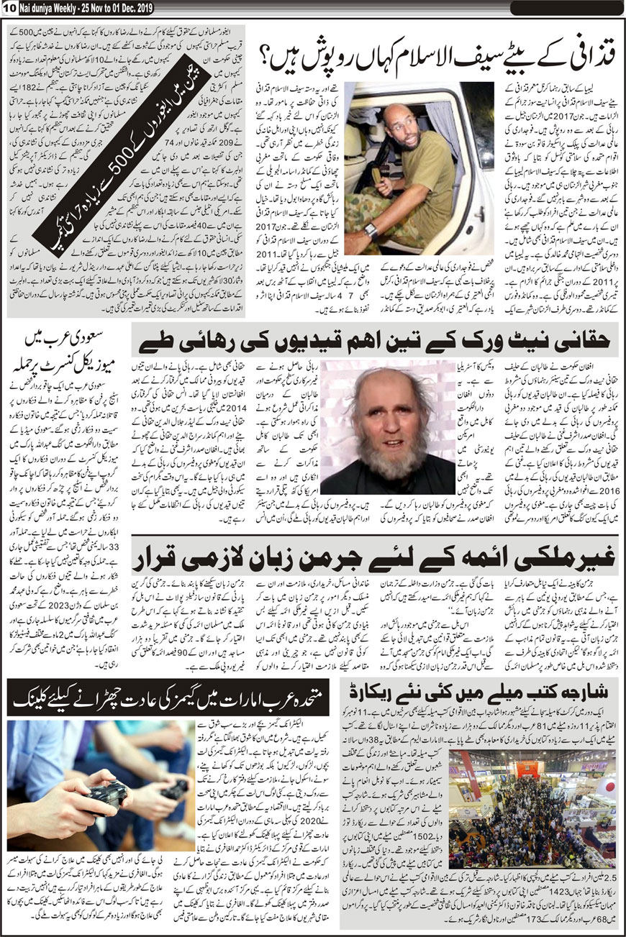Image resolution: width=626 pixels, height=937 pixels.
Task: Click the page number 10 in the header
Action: [x=9, y=8]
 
